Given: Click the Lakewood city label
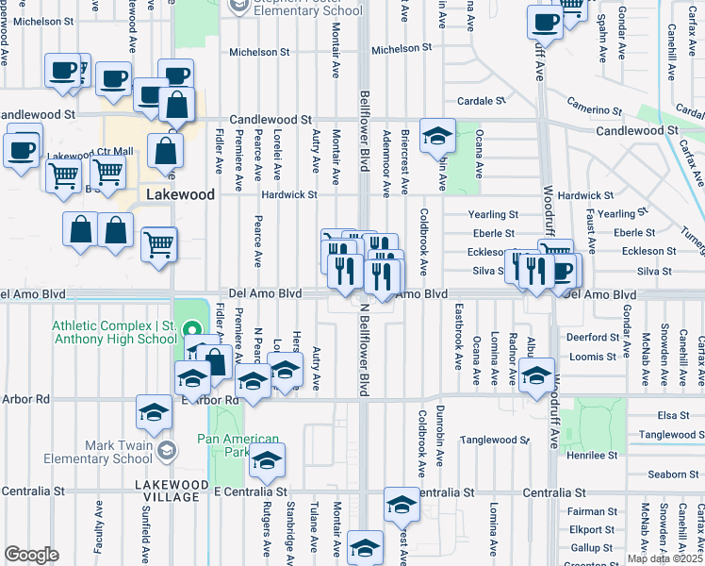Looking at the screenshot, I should coord(180,194).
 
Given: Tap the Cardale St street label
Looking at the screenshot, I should coord(477,101).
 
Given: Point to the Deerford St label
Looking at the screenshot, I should coord(591,337).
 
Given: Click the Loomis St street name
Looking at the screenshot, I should coord(592,357).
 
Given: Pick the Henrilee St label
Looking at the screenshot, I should coord(592,455).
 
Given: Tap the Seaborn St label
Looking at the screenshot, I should coord(672,474).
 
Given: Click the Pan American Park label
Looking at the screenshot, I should coord(238,445).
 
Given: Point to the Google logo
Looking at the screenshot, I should coord(31,555).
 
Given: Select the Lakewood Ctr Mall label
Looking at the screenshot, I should coord(90,156).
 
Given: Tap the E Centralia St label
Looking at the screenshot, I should coord(250,491).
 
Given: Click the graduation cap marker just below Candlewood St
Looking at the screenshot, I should coord(437,137).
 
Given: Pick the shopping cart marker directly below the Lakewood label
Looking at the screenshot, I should coord(159,244).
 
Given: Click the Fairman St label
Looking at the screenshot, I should coord(592,511).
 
